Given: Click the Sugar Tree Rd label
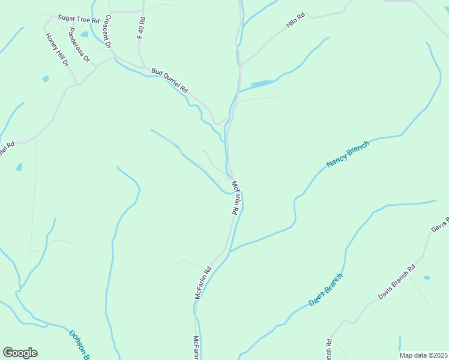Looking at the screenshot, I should point(78,20).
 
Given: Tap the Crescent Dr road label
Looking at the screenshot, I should point(108,31).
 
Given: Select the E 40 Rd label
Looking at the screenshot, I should point(142,28).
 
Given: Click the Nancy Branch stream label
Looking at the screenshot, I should point(348,155).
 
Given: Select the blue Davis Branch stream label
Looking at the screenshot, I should point(326,290).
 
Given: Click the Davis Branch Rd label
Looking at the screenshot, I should point(397,283).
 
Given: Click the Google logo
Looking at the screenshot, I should point(20,353).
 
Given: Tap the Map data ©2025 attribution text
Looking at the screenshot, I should point(424,355).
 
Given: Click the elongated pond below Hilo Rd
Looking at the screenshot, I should point(262,84).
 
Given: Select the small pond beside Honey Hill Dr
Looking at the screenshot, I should point(46,79).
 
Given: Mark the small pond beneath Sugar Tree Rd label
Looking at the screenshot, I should point(84,34).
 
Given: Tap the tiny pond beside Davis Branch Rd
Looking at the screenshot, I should point(426,278).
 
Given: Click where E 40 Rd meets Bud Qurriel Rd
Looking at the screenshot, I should point(144,68).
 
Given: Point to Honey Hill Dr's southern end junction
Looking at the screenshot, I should point(76,84).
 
